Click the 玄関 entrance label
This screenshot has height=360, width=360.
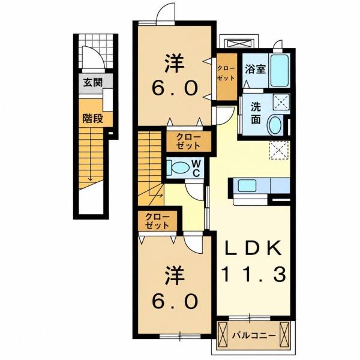tap(93, 82)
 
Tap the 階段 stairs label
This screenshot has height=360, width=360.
tap(93, 118)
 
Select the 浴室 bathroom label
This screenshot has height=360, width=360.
tap(256, 69)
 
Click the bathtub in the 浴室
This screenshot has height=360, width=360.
tap(279, 70)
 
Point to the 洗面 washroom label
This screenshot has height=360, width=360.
tap(256, 113)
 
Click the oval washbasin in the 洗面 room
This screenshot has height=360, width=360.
tap(275, 126)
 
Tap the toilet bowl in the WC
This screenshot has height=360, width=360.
tap(178, 168)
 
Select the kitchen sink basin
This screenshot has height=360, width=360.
tap(247, 185)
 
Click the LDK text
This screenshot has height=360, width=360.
tap(253, 248)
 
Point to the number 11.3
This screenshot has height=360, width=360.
tap(254, 274)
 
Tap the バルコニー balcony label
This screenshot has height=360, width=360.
tap(253, 336)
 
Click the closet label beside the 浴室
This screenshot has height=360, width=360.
tap(226, 73)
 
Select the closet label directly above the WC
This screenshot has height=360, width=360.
tap(188, 142)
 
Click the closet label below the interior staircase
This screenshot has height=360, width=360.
tap(157, 221)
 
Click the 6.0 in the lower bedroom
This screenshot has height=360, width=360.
tap(175, 301)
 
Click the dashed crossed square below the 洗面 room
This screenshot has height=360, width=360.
tap(279, 150)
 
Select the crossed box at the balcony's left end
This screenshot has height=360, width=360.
tap(222, 335)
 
